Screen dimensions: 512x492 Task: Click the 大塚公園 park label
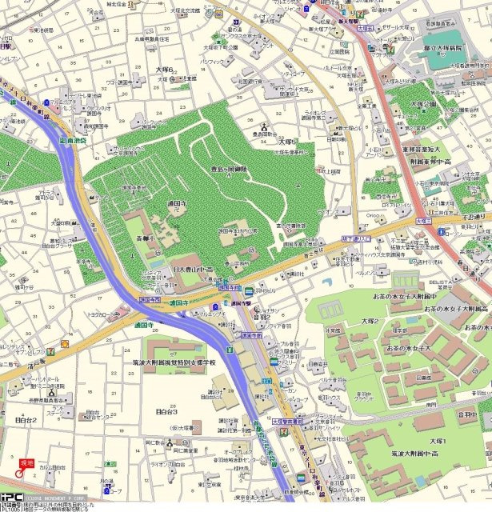[425, 104]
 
